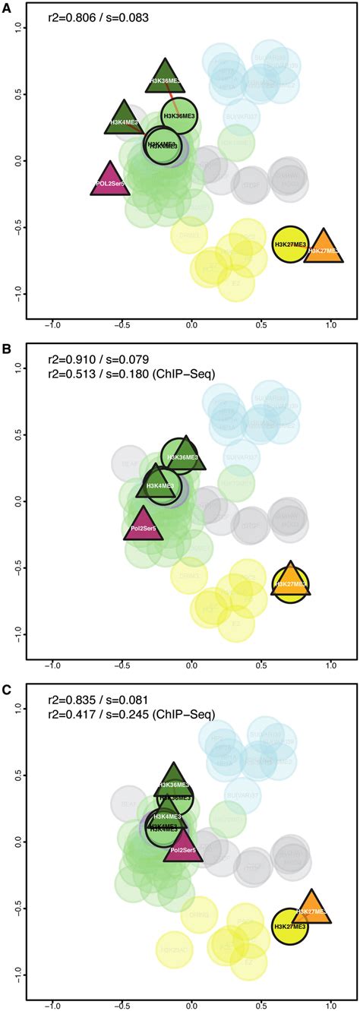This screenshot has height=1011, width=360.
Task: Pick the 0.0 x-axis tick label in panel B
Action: pos(191,665)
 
